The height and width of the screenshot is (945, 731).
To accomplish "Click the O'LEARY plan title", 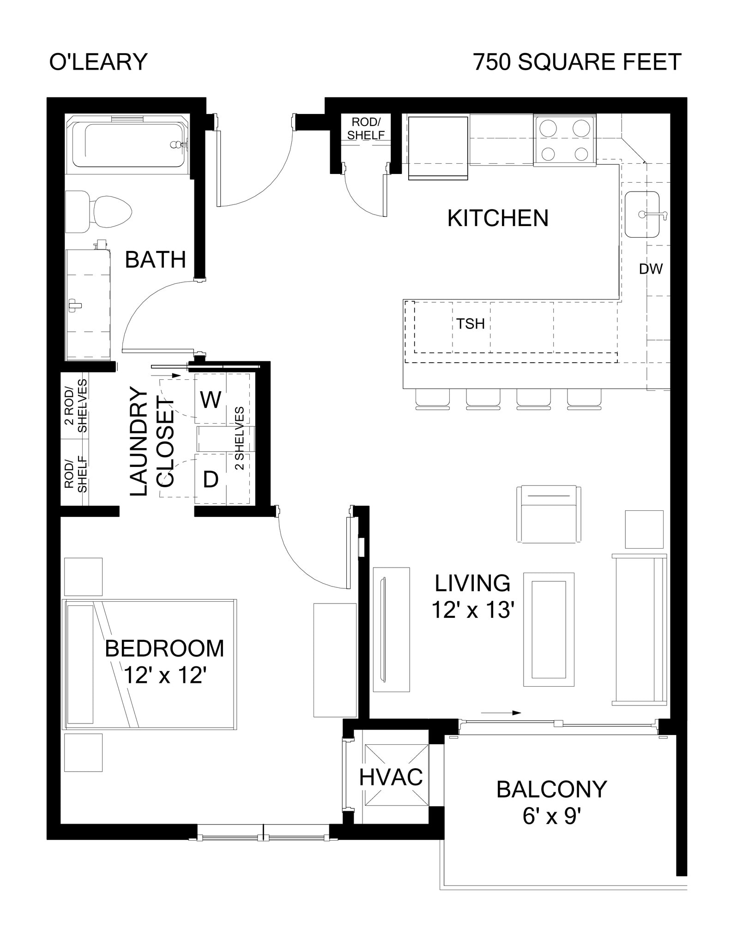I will click(x=98, y=62).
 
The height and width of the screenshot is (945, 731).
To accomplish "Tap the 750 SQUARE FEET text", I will click(x=577, y=62).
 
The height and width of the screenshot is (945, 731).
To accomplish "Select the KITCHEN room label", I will click(x=498, y=218).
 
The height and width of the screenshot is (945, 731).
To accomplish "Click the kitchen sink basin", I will click(x=642, y=215).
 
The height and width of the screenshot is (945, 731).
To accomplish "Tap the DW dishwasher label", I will click(x=651, y=269).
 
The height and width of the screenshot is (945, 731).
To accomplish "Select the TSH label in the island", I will click(x=471, y=324).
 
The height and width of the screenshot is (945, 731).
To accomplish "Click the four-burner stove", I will click(x=565, y=140).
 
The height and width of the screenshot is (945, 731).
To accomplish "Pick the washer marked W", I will click(x=211, y=399).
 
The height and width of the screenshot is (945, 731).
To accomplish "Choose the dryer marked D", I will click(x=211, y=479).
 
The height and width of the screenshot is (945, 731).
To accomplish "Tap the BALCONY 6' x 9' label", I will click(x=551, y=802).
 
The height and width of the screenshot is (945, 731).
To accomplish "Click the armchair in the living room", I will click(x=548, y=514).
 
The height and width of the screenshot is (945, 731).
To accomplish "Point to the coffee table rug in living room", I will click(x=549, y=630).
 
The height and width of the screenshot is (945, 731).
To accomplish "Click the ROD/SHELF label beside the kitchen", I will click(x=366, y=129).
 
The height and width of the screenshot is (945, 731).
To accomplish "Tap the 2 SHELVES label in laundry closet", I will click(x=239, y=438).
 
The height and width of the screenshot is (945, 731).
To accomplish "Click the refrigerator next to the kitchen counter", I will click(x=438, y=147).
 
